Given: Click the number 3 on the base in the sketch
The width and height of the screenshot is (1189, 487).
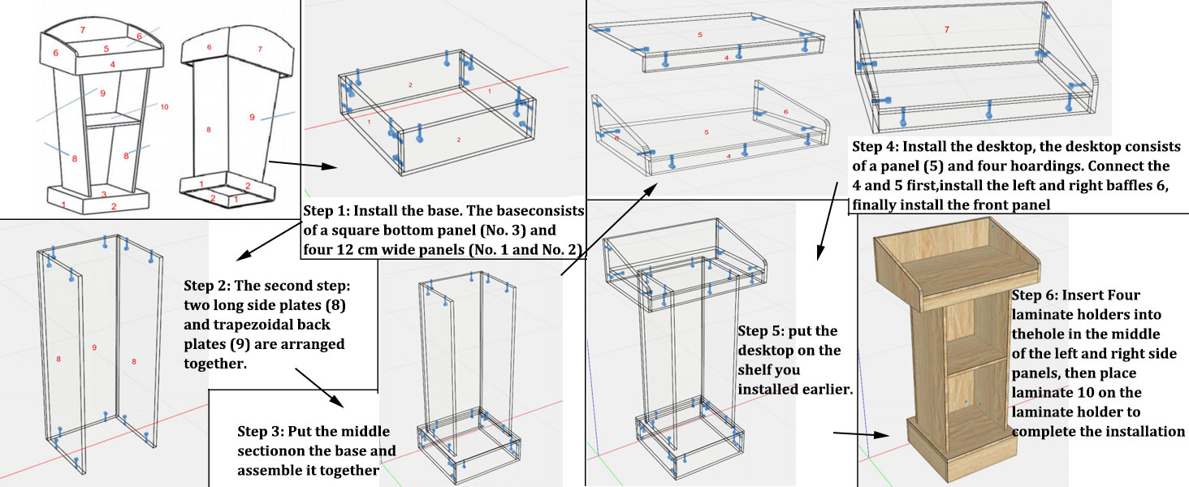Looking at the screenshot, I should (x=103, y=195).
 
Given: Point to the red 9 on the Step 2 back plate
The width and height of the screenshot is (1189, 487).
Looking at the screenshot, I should (x=94, y=347).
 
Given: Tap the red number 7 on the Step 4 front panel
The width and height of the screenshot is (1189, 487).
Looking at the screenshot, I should (x=946, y=29).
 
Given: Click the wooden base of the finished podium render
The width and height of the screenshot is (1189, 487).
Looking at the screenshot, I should (x=958, y=450).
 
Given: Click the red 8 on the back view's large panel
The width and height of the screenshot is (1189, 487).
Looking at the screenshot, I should (x=208, y=130).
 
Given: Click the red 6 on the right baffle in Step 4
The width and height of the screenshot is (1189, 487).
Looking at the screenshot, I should (x=785, y=111).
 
